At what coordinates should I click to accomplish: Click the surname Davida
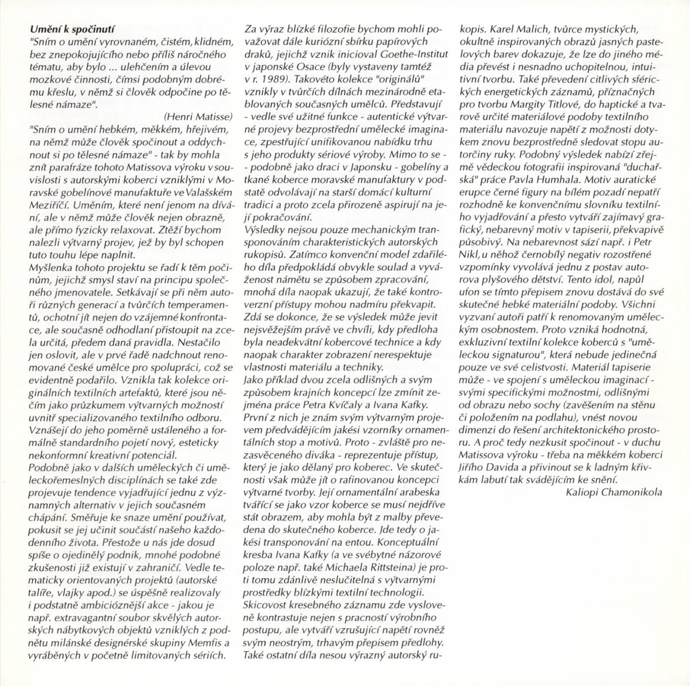pyautogui.click(x=507, y=467)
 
